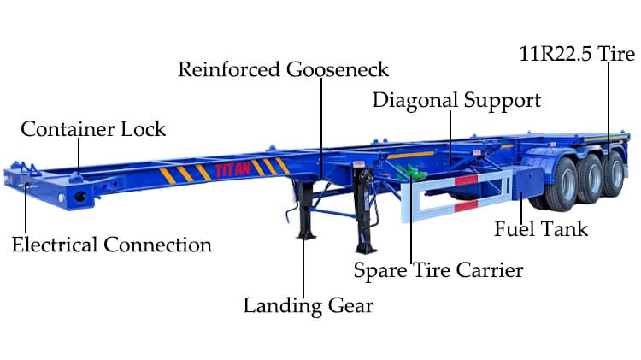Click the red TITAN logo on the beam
(232, 169)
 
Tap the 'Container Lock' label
(93, 129)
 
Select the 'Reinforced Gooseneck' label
(283, 69)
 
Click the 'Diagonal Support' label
(456, 101)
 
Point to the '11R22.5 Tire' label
(577, 54)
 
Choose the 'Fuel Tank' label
(541, 228)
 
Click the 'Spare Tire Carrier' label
(438, 270)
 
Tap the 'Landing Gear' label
(309, 306)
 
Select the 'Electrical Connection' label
(112, 245)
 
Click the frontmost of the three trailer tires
(562, 185)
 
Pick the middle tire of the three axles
(591, 179)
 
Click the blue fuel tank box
(527, 182)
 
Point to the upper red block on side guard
(466, 180)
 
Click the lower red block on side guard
(466, 206)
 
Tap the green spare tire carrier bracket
(411, 172)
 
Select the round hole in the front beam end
(80, 197)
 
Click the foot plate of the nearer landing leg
(366, 248)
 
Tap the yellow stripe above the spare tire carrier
(410, 155)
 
